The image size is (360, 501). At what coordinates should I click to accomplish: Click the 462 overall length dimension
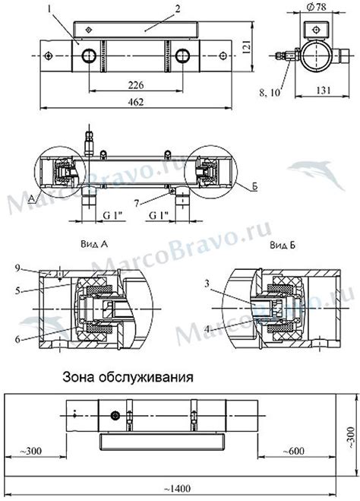pyautogui.click(x=136, y=102)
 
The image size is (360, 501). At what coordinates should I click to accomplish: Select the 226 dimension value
pyautogui.click(x=136, y=85)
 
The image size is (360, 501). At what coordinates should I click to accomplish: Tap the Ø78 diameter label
pyautogui.click(x=316, y=7)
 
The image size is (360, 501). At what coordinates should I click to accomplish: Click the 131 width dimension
pyautogui.click(x=324, y=90)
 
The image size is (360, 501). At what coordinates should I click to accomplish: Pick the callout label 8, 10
pyautogui.click(x=270, y=93)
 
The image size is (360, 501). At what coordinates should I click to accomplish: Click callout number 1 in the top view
pyautogui.click(x=49, y=10)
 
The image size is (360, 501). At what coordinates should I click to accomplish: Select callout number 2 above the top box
pyautogui.click(x=178, y=8)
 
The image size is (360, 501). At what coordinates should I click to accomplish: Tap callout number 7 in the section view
pyautogui.click(x=137, y=204)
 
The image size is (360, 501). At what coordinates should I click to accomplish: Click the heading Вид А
pyautogui.click(x=94, y=245)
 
